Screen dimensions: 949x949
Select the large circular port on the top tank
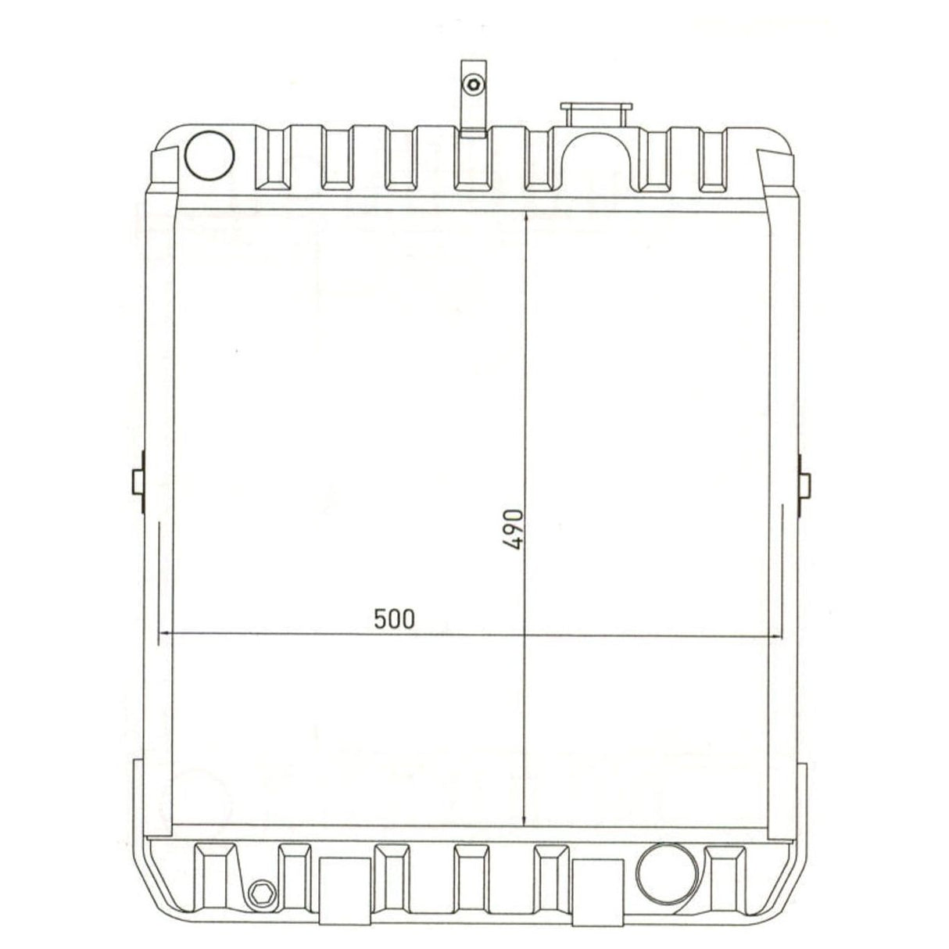[x=209, y=154]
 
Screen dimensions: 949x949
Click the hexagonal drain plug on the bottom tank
[x=261, y=893]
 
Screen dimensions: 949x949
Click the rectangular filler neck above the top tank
[x=596, y=113]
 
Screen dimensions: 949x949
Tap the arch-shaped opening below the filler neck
[x=596, y=160]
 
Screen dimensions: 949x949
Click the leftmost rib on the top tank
[x=274, y=156]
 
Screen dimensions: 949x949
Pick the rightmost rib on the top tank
[x=712, y=159]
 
